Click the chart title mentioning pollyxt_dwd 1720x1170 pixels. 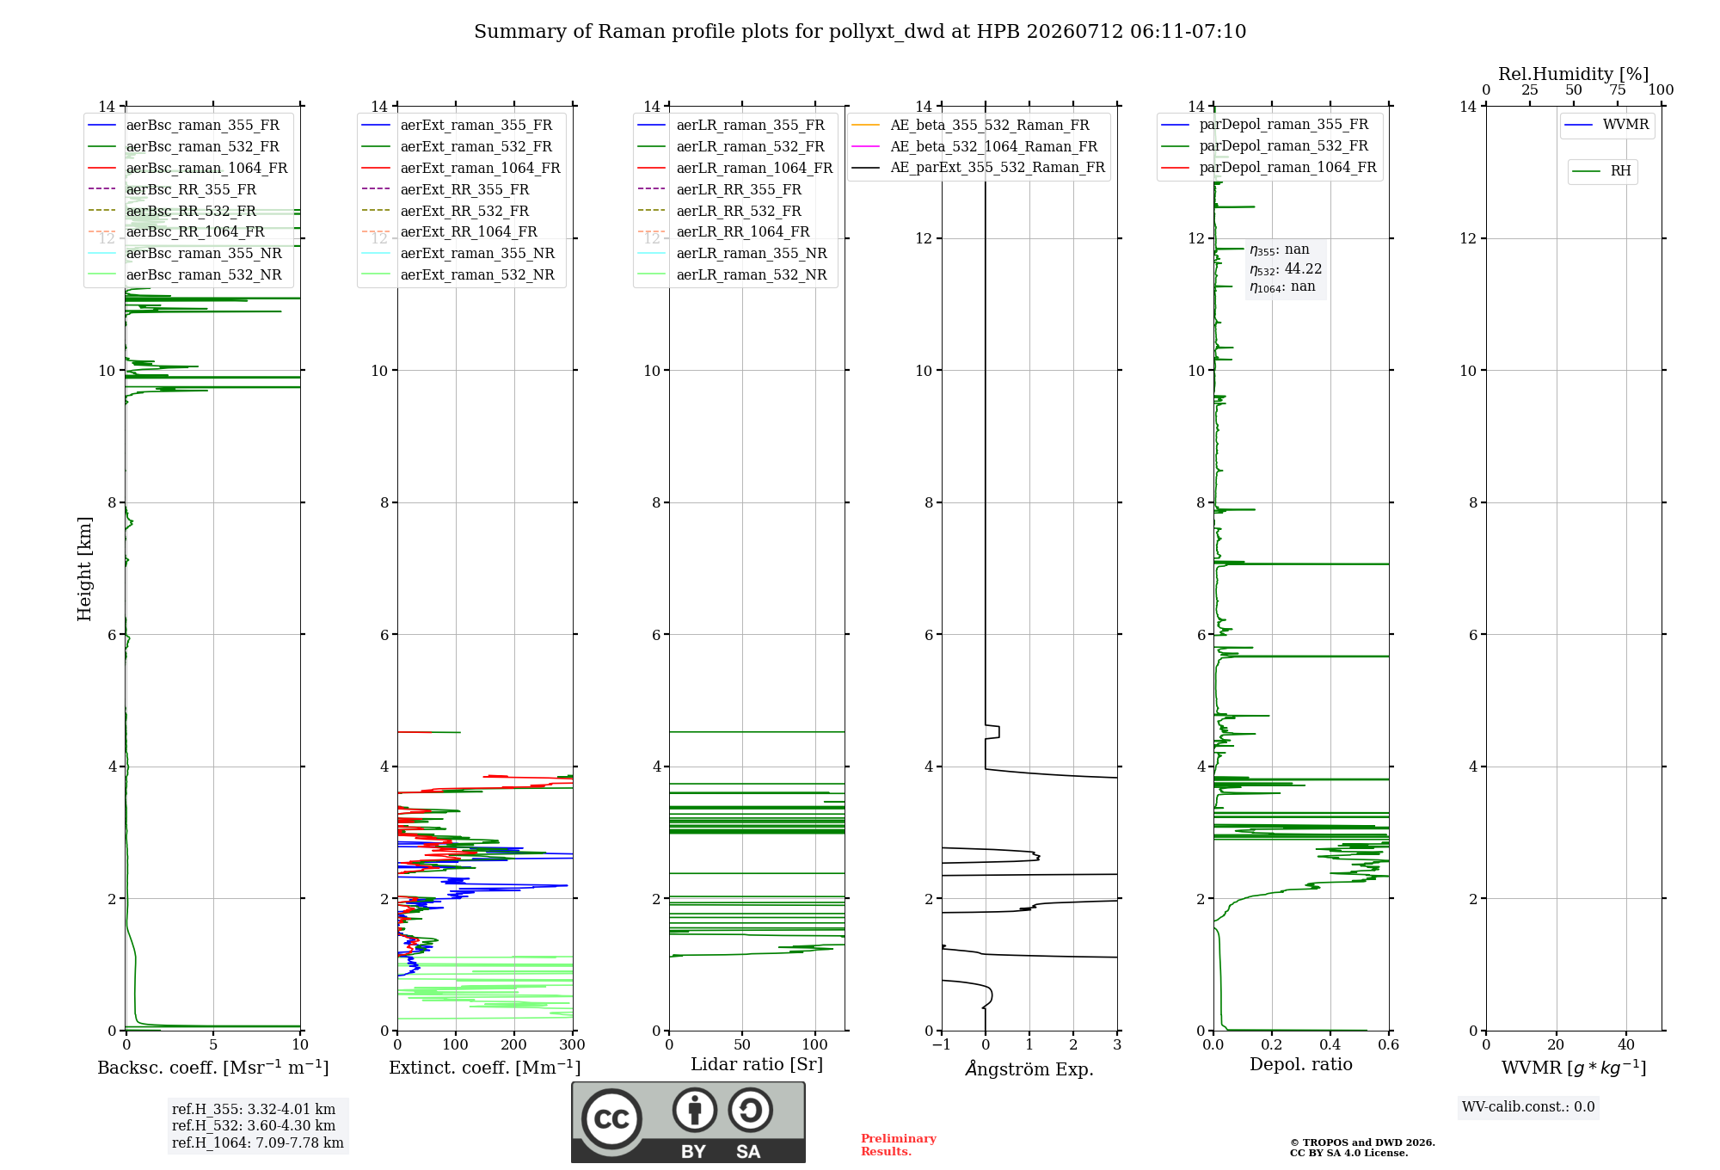tap(860, 32)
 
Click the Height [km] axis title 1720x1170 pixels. tap(84, 569)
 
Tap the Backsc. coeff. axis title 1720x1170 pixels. tap(213, 1068)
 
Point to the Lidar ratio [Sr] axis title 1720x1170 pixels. tap(757, 1065)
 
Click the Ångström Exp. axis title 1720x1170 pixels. tap(1029, 1068)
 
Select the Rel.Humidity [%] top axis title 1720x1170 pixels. tap(1574, 74)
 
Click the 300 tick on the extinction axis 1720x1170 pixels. tap(572, 1045)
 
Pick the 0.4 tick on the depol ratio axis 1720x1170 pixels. tap(1330, 1045)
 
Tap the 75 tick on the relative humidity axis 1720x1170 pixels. tap(1618, 90)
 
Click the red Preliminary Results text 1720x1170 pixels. tap(899, 1145)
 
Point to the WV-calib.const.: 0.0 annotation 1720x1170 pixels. tap(1528, 1107)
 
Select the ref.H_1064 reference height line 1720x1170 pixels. tap(258, 1143)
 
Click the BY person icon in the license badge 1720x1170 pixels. tap(695, 1111)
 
